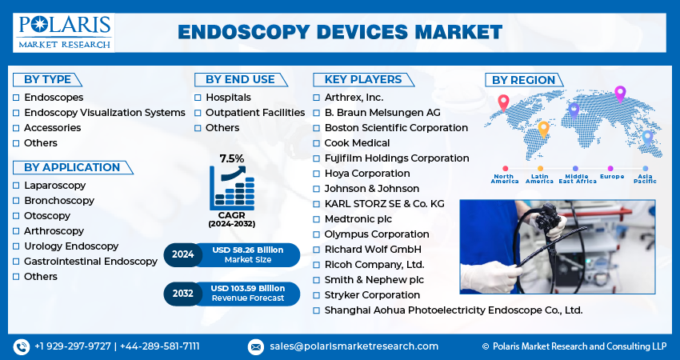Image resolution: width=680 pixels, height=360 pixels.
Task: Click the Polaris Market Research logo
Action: (x=64, y=33)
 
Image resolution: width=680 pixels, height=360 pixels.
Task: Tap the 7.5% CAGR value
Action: (x=231, y=158)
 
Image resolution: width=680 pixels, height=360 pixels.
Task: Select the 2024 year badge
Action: (x=182, y=254)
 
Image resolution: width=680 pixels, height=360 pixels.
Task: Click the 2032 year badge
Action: (x=182, y=294)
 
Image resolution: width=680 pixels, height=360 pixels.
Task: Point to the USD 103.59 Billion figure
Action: (x=248, y=289)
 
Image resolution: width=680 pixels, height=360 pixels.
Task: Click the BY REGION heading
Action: (x=523, y=80)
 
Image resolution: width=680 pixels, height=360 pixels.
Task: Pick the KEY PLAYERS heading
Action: (x=363, y=79)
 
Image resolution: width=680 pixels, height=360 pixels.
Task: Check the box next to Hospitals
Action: (x=198, y=98)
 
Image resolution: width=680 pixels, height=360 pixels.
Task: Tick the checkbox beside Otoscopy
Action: (x=16, y=216)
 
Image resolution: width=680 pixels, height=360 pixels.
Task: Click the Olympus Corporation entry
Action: (x=377, y=234)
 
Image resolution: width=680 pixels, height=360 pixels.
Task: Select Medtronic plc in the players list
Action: (x=358, y=219)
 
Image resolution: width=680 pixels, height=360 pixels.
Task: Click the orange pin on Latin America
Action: (x=543, y=130)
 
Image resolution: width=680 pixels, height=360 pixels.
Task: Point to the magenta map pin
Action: (x=620, y=94)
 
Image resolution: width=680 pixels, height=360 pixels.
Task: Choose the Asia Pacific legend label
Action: (x=646, y=178)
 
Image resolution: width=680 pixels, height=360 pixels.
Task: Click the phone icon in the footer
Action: (x=22, y=346)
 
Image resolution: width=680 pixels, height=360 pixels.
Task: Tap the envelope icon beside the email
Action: (x=256, y=346)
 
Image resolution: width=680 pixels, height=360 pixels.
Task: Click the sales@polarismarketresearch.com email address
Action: (x=354, y=346)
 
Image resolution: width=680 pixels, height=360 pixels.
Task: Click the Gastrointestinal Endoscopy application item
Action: (x=90, y=262)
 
